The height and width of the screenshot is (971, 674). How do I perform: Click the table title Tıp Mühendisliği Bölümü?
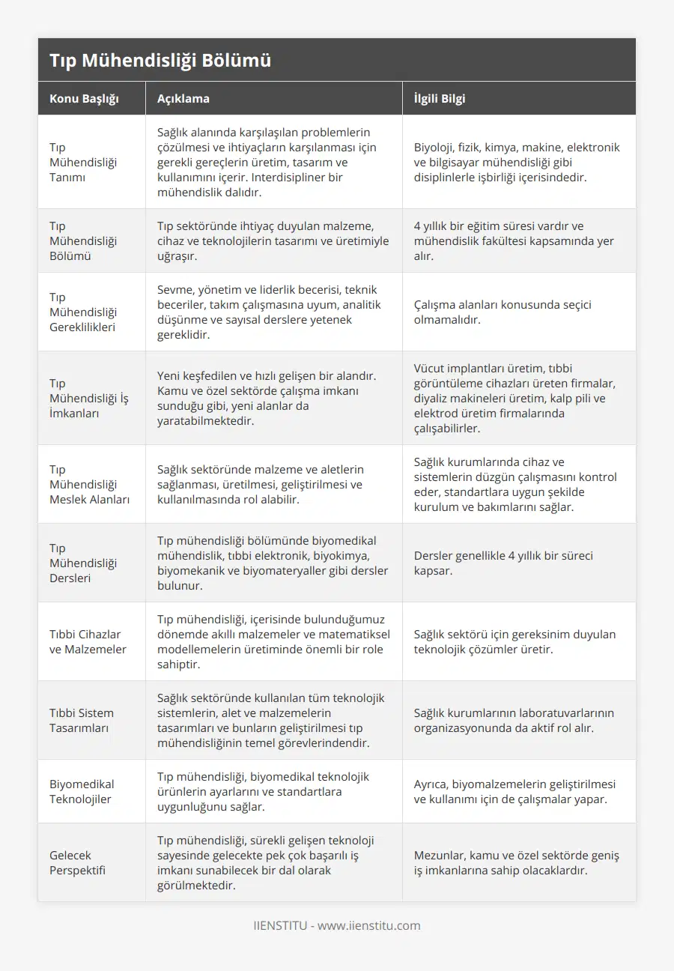coord(160,61)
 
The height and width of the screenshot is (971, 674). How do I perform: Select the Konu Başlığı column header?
coord(84,98)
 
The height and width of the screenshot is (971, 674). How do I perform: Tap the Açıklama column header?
coord(183,98)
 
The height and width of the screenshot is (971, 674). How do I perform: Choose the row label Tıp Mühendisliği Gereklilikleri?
coord(83,312)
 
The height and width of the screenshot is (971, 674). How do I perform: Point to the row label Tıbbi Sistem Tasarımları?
coord(82,720)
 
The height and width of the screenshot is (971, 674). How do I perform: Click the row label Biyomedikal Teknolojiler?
coord(82,791)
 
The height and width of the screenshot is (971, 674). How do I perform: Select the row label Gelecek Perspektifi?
coord(77,862)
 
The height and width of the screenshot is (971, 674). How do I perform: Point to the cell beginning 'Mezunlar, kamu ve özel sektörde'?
coord(517,862)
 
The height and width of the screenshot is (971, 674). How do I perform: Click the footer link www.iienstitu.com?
coord(369,925)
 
